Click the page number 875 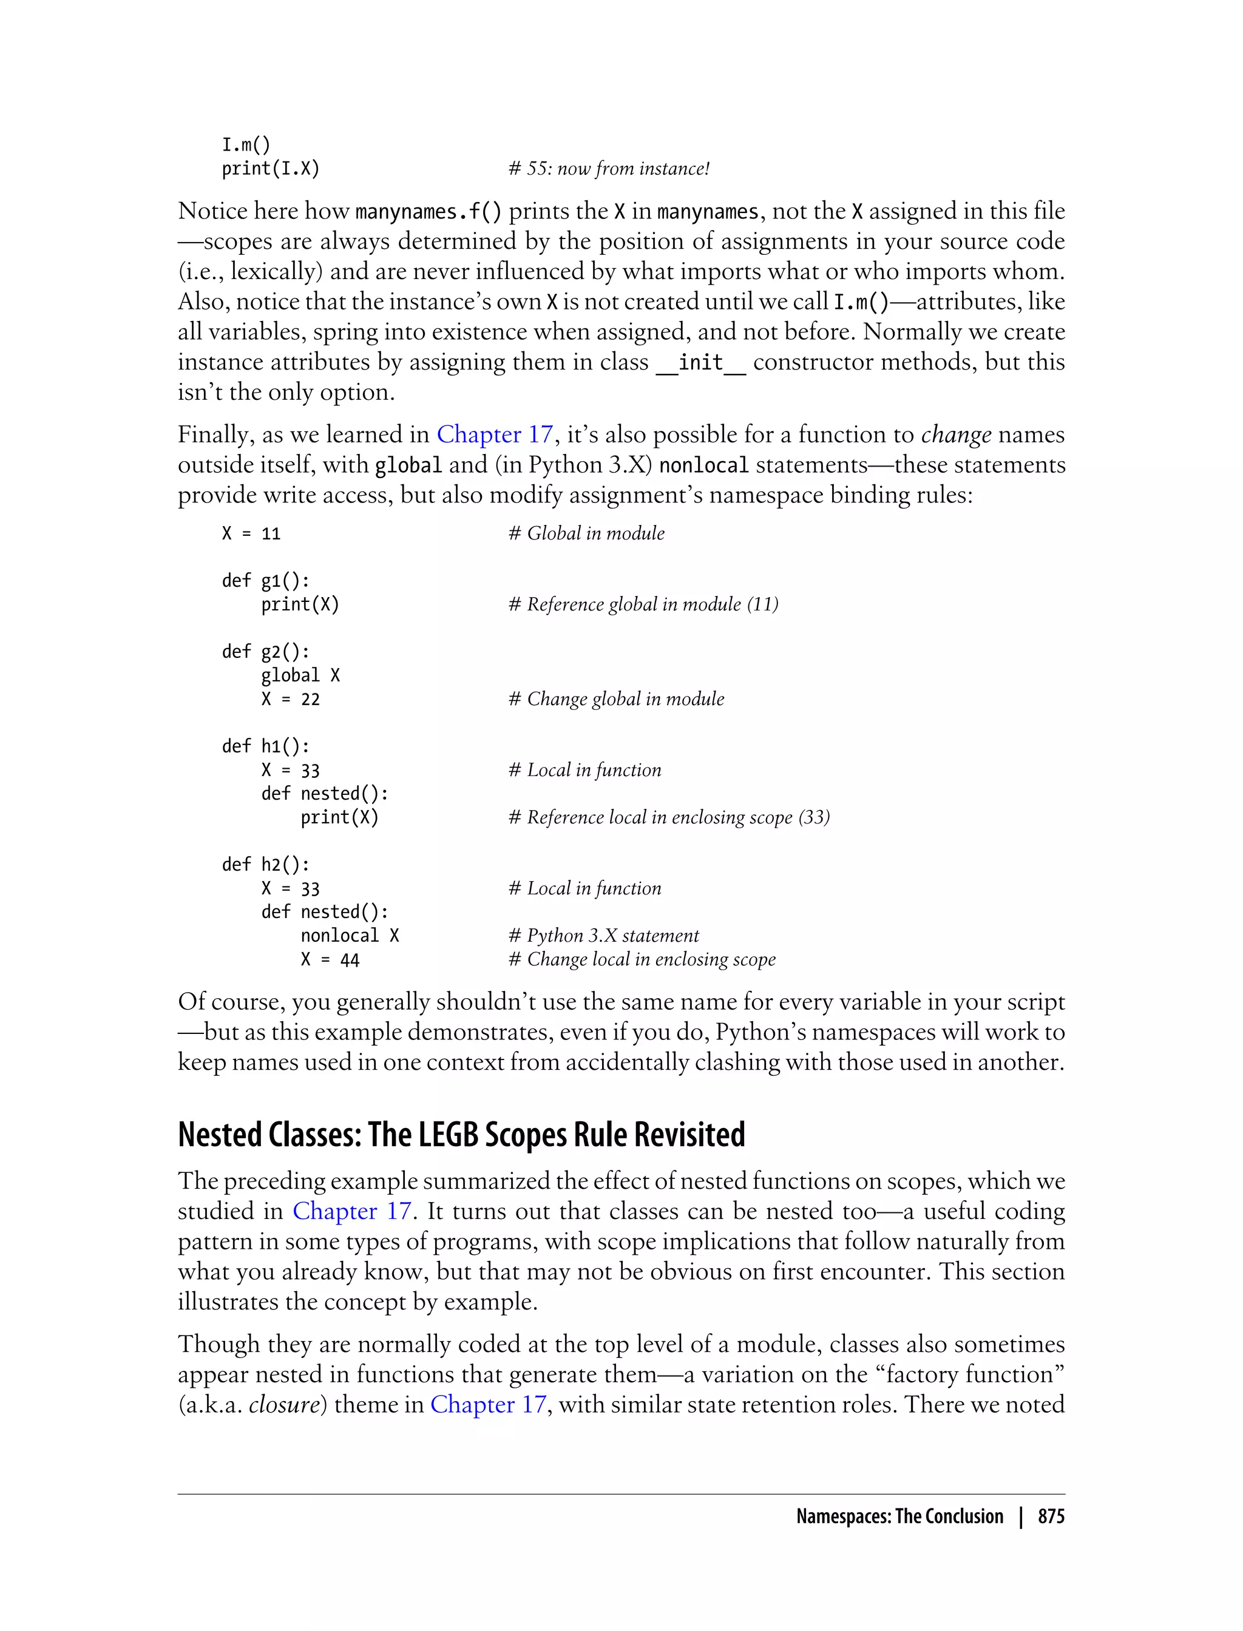[1051, 1516]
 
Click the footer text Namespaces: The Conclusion [899, 1516]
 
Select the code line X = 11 [251, 533]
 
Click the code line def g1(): [266, 581]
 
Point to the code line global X [300, 675]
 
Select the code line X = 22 [290, 699]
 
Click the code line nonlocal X [349, 936]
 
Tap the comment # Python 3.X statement [603, 936]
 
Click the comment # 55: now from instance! [608, 169]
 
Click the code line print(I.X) [270, 169]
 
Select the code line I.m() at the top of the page [246, 144]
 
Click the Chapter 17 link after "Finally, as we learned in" [494, 434]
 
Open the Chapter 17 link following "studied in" [351, 1211]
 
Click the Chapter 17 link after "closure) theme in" [489, 1404]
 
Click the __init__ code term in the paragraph [700, 362]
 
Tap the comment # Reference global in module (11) [643, 604]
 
